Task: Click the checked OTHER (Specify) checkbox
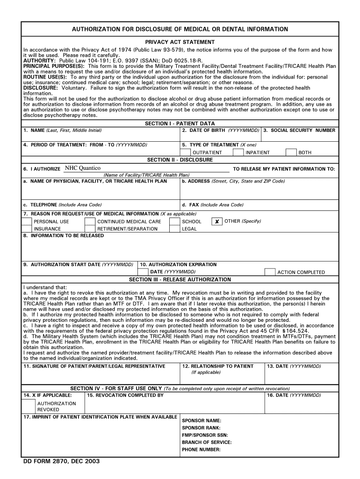click(217, 222)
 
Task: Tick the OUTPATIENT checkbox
click(186, 152)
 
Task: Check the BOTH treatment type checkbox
click(291, 152)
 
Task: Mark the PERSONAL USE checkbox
click(27, 222)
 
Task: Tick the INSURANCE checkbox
click(27, 229)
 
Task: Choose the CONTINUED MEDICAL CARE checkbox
click(90, 222)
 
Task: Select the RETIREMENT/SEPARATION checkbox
click(90, 229)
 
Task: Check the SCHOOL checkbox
click(175, 222)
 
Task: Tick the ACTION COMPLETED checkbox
click(270, 272)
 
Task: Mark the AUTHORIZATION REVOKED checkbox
click(29, 406)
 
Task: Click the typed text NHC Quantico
click(83, 168)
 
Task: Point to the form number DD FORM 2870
click(61, 461)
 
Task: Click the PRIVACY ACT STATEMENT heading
click(180, 42)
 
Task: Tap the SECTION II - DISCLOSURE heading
click(180, 160)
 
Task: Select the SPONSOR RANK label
click(201, 428)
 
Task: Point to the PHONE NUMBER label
click(201, 450)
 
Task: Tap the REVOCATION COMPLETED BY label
click(125, 395)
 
